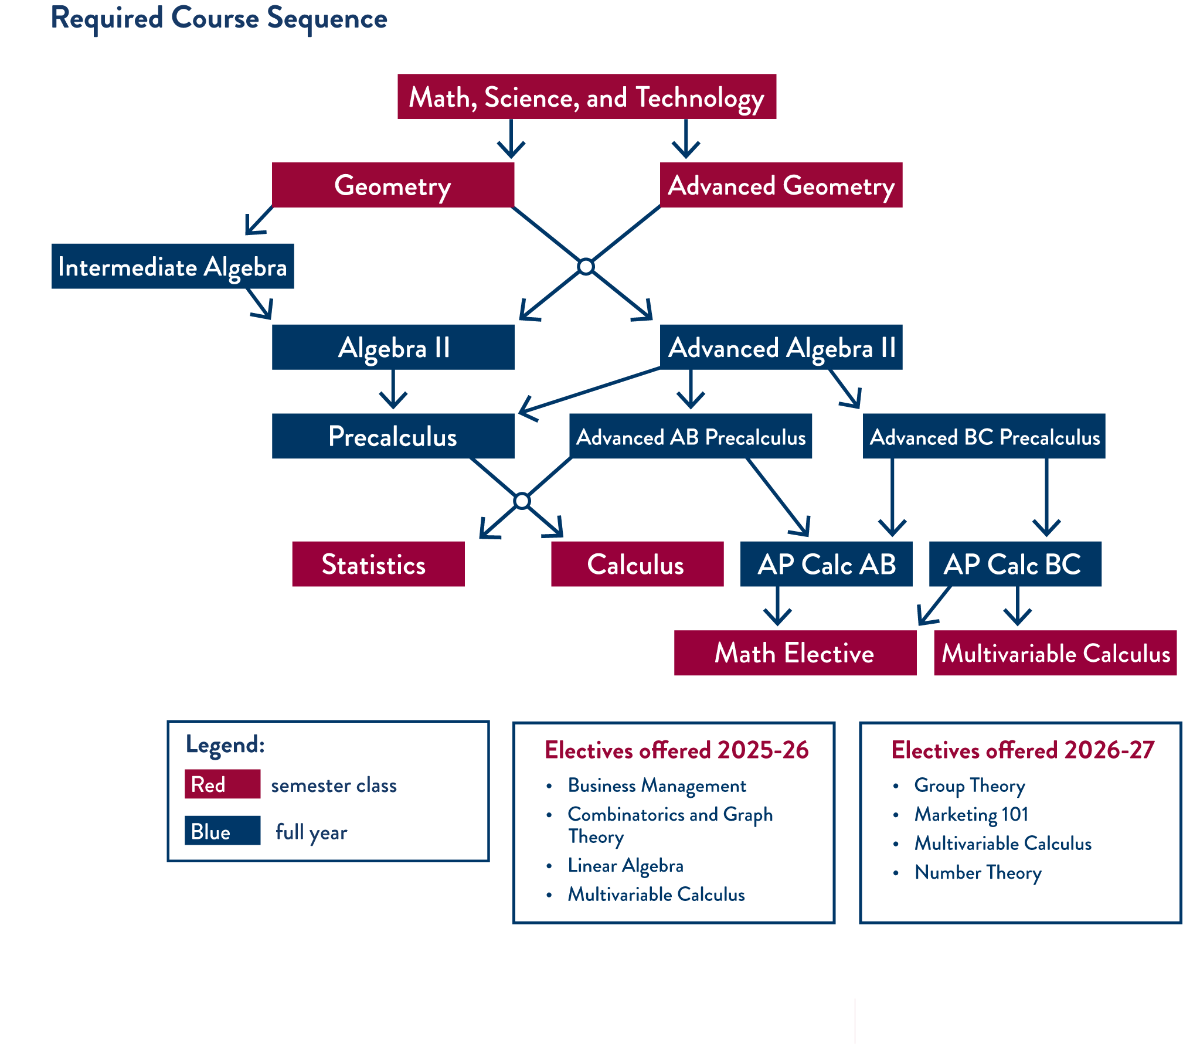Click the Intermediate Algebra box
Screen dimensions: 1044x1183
tap(172, 267)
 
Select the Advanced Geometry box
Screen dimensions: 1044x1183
tap(781, 185)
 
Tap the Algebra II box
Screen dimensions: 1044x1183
tap(393, 347)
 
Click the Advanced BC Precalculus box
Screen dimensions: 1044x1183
tap(984, 437)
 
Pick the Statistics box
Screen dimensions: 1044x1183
tap(378, 564)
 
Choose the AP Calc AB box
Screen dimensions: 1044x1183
tap(826, 564)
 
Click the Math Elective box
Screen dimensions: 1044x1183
tap(794, 653)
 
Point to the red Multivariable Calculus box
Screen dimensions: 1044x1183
tap(1055, 653)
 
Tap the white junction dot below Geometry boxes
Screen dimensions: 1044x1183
tap(586, 267)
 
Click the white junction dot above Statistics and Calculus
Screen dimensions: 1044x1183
tap(522, 501)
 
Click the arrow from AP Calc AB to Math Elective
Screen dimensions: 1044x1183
tap(777, 608)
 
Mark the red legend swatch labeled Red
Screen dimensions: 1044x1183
tap(222, 784)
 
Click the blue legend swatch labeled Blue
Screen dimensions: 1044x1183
tap(222, 831)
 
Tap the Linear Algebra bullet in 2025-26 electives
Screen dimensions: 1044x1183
tap(625, 866)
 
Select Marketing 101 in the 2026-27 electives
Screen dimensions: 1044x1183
tap(971, 814)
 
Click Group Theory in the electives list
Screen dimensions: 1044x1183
tap(970, 785)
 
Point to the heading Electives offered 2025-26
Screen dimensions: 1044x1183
tap(676, 750)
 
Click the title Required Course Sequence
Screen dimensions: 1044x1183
tap(219, 19)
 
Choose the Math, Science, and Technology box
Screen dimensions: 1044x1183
tap(586, 97)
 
